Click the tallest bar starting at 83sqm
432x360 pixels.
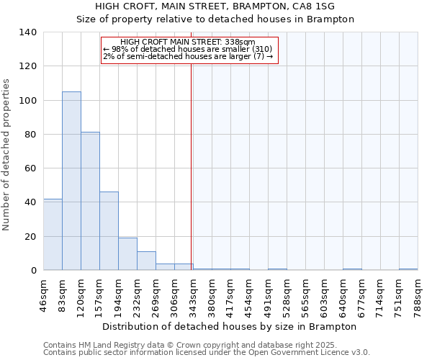tap(71, 181)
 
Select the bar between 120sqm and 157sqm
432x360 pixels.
tap(90, 201)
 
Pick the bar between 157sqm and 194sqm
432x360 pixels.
tap(109, 230)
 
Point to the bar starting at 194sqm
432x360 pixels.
tap(127, 253)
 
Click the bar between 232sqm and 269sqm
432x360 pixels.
tap(146, 261)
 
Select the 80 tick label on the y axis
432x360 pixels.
tap(30, 135)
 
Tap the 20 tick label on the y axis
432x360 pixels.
tap(30, 236)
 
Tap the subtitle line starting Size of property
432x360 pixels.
tap(216, 19)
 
